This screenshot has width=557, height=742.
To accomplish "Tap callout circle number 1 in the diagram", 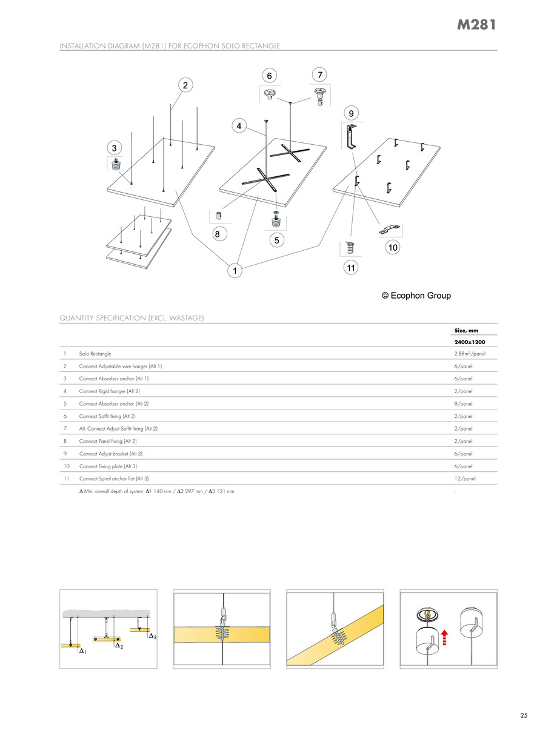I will click(x=233, y=271).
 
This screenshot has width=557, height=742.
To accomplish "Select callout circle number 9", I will click(x=350, y=112).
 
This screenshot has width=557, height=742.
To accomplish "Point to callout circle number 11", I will click(x=350, y=267).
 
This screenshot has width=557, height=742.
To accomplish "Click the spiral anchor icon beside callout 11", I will click(x=349, y=247).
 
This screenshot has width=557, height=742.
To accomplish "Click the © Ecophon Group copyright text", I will click(x=416, y=296).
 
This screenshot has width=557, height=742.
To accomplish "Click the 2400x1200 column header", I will click(x=470, y=342).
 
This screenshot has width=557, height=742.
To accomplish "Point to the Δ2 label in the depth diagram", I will click(x=119, y=646).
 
